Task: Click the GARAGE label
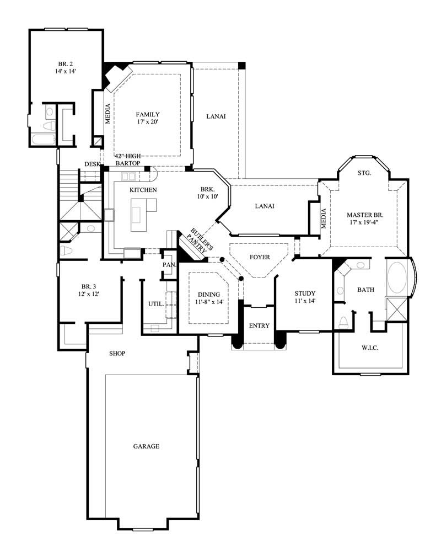[146, 446]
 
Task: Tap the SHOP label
[117, 353]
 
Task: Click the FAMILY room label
[148, 115]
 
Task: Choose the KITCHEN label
[143, 190]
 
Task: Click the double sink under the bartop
[129, 177]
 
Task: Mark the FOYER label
[260, 258]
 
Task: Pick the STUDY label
[304, 293]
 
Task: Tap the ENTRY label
[259, 325]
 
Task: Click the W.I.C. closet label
[370, 348]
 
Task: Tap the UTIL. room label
[154, 304]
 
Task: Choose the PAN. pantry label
[169, 265]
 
